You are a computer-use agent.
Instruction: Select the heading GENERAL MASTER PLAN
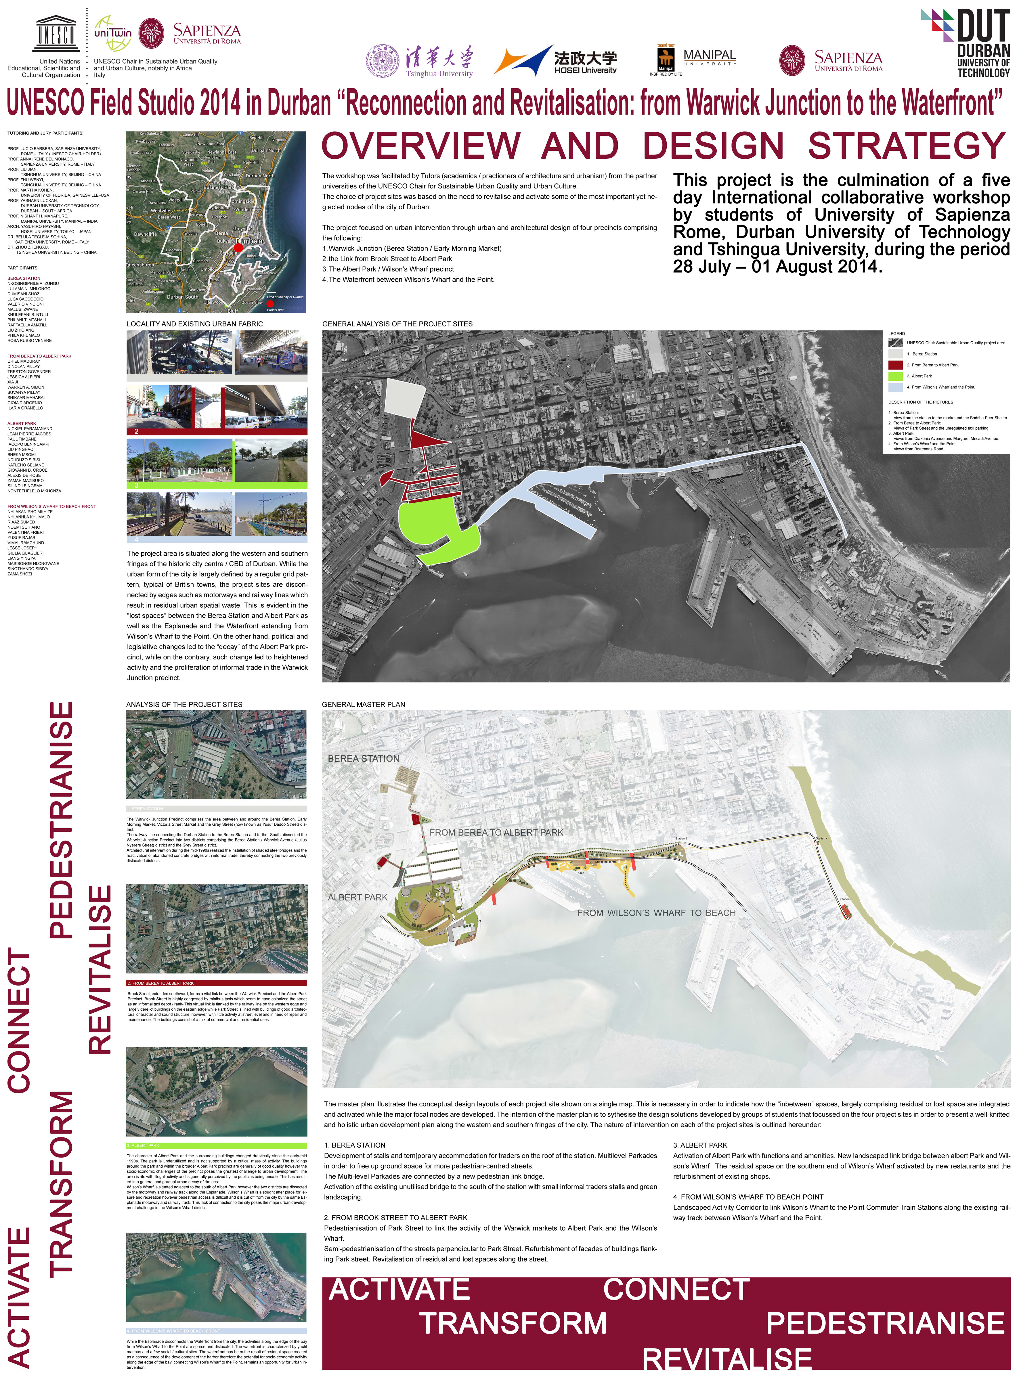363,704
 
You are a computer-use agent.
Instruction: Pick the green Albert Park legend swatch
895,376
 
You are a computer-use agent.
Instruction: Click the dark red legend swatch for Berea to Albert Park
895,364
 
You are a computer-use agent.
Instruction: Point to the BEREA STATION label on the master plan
363,759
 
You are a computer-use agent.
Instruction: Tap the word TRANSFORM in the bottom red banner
513,1323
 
